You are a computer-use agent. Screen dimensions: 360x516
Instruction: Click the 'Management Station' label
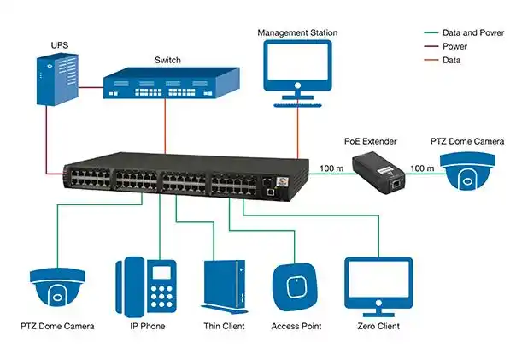tap(297, 33)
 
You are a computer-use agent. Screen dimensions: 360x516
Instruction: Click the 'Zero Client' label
tap(378, 327)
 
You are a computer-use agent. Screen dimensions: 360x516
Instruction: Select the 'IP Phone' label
tap(146, 327)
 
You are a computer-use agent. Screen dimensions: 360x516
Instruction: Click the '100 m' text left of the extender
tap(331, 168)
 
